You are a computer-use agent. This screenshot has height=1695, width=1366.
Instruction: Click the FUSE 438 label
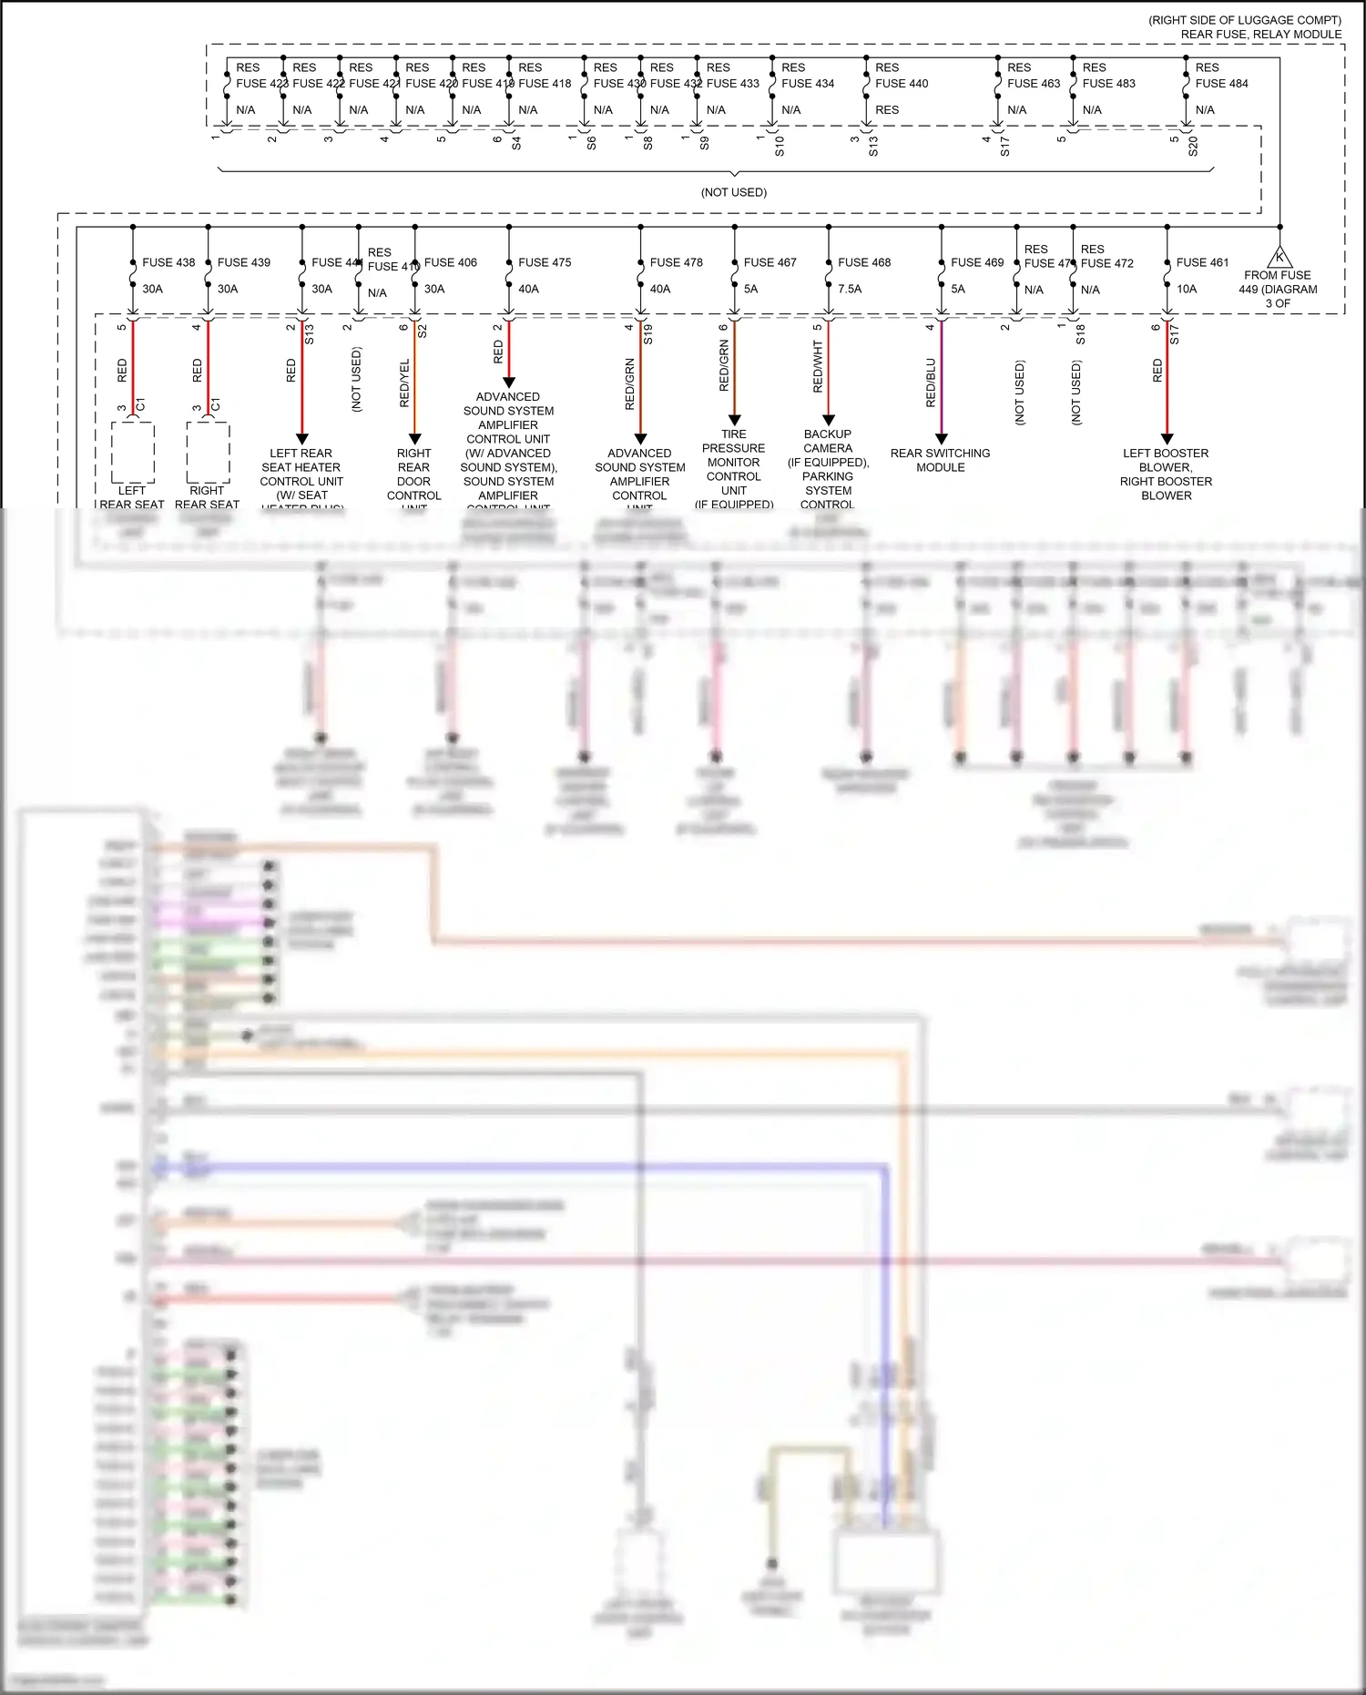(168, 262)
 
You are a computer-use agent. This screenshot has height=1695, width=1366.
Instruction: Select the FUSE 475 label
(545, 262)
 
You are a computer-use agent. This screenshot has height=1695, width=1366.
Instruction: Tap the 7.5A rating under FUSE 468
(850, 289)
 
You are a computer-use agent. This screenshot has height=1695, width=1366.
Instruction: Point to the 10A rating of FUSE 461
(1187, 289)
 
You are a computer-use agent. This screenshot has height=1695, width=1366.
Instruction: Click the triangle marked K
(1279, 257)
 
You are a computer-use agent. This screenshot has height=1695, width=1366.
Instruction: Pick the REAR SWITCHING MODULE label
(940, 460)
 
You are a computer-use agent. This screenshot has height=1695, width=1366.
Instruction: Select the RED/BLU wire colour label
(931, 383)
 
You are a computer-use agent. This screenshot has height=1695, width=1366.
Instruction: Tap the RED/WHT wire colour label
(818, 367)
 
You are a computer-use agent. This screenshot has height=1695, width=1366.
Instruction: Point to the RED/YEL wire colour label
(404, 383)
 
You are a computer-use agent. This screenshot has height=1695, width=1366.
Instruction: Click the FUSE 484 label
(1221, 83)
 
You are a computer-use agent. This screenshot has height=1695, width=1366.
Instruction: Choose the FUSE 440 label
(902, 83)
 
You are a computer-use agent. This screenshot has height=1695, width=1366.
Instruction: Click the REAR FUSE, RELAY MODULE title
(1260, 35)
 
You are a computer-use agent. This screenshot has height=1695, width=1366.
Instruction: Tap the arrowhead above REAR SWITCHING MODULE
(942, 439)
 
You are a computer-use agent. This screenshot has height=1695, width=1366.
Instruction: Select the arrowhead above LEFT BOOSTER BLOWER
(1167, 439)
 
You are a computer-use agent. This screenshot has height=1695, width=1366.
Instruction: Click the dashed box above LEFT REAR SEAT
(133, 453)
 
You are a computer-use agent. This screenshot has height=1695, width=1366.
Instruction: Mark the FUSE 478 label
(676, 262)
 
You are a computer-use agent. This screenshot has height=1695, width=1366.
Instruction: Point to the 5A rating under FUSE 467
(750, 289)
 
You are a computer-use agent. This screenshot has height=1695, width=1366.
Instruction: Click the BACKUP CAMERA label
(828, 441)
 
